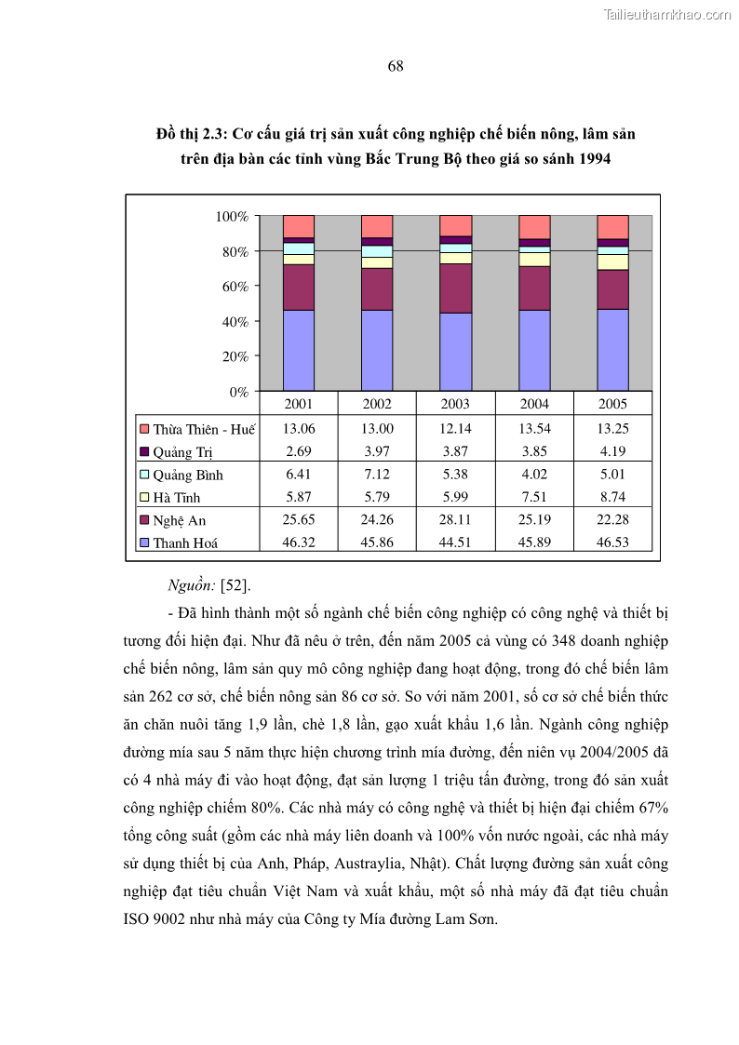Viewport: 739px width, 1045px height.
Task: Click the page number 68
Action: [x=395, y=66]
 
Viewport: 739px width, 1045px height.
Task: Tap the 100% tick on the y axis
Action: [x=232, y=217]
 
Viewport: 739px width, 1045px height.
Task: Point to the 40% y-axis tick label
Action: [x=235, y=322]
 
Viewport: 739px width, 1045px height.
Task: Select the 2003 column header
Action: [x=455, y=404]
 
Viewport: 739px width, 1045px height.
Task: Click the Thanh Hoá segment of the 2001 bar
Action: [x=299, y=350]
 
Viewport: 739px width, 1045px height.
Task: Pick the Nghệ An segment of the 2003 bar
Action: [x=455, y=288]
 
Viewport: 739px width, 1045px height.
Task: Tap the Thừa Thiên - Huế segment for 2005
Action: [x=612, y=227]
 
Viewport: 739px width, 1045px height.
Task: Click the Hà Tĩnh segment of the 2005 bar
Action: [x=612, y=262]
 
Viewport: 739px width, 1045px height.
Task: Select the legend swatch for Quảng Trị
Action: [x=144, y=452]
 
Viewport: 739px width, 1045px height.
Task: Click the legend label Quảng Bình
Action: [x=188, y=476]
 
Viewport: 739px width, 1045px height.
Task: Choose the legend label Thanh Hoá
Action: [x=185, y=543]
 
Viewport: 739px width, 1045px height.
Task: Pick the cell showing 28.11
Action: [x=455, y=520]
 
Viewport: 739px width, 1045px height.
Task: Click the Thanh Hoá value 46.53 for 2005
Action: [x=612, y=543]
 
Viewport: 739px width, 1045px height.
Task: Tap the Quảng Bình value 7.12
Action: [x=377, y=475]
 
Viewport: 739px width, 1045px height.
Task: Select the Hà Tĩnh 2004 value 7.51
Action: [x=534, y=498]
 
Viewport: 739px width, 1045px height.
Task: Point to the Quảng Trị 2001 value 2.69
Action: [x=299, y=452]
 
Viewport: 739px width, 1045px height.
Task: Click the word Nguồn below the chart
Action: [x=190, y=585]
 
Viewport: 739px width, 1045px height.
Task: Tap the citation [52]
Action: [x=235, y=585]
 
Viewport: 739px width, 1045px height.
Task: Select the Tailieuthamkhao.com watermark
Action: [x=667, y=14]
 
